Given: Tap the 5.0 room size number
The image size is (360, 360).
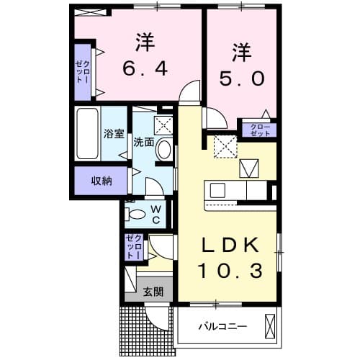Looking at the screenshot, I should pos(242,76).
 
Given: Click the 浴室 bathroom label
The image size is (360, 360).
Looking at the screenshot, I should pos(114,133).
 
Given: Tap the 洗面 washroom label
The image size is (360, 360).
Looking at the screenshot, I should pos(143,142).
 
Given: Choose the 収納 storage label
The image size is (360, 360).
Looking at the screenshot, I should pos(101,181).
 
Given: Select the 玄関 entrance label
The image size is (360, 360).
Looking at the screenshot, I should pos(152,292).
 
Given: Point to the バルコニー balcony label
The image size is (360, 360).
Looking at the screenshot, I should pos(223,326).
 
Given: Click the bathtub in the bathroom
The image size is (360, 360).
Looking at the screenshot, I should pos(87,135).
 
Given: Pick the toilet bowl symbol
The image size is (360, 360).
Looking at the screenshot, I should pos(135,213).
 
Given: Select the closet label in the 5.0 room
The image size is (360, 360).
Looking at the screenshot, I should pos(259,130).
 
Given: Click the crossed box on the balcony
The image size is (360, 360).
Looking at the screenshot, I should pos(270,325).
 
